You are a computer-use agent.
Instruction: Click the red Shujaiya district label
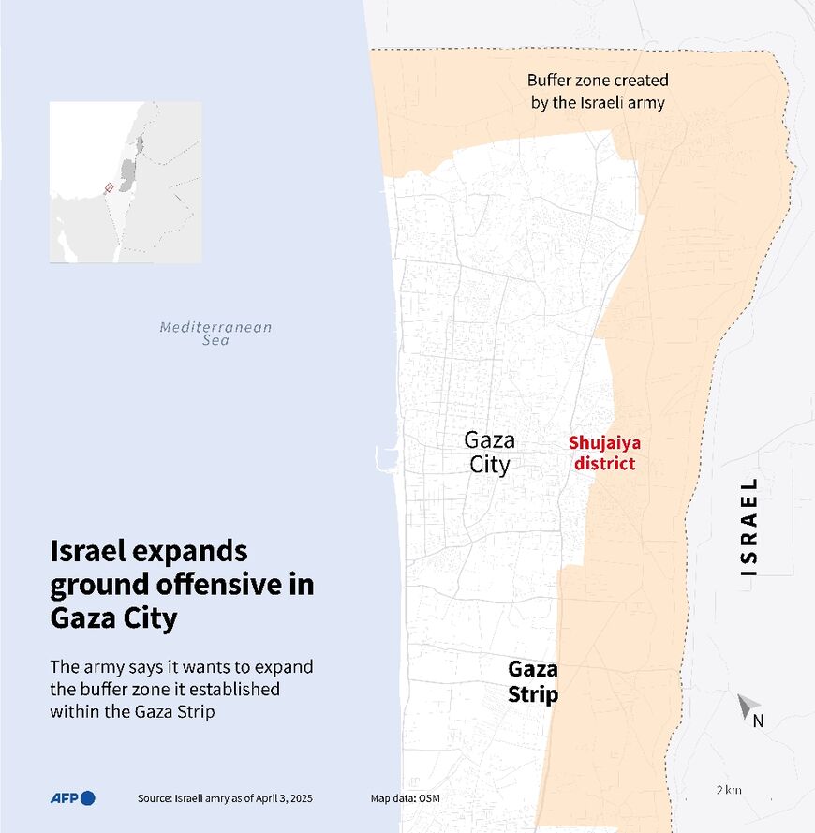(x=604, y=454)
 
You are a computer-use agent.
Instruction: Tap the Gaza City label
(x=489, y=453)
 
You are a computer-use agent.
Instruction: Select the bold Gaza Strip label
(x=533, y=681)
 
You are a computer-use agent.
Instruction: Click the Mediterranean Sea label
(x=215, y=334)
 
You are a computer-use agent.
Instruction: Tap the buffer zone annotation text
(x=598, y=92)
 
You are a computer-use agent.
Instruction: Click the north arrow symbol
(x=747, y=706)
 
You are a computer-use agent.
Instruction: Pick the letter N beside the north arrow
(x=759, y=721)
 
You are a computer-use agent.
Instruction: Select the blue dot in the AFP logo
(x=88, y=798)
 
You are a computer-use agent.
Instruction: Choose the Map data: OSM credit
(x=405, y=798)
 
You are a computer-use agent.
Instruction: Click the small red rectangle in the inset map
(x=109, y=187)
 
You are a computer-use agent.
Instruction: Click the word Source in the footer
(x=154, y=798)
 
